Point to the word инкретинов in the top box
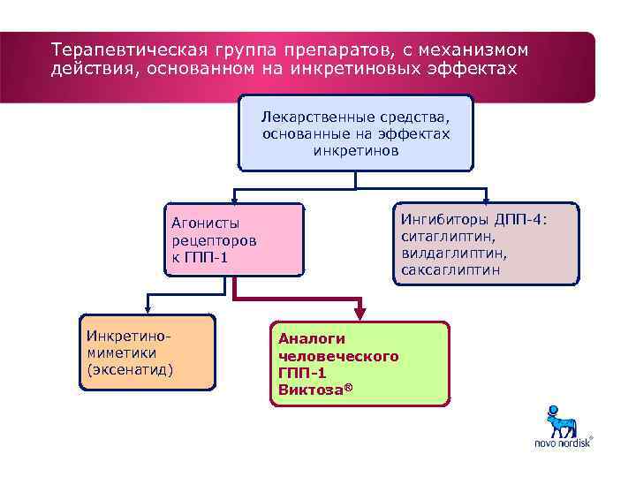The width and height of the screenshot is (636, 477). pyautogui.click(x=355, y=151)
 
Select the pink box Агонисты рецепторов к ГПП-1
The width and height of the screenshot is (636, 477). pyautogui.click(x=235, y=238)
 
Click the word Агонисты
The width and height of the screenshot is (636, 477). pyautogui.click(x=205, y=223)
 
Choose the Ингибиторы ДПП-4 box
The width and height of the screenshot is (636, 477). pyautogui.click(x=486, y=244)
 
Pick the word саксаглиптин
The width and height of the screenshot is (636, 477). pyautogui.click(x=450, y=270)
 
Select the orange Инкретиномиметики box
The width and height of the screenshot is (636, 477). pyautogui.click(x=147, y=352)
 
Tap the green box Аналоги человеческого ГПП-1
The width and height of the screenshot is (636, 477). pyautogui.click(x=359, y=363)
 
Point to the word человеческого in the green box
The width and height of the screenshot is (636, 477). pyautogui.click(x=338, y=355)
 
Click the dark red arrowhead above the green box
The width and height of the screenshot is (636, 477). pyautogui.click(x=360, y=311)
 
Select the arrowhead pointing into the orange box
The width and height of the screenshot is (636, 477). pyautogui.click(x=147, y=309)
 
